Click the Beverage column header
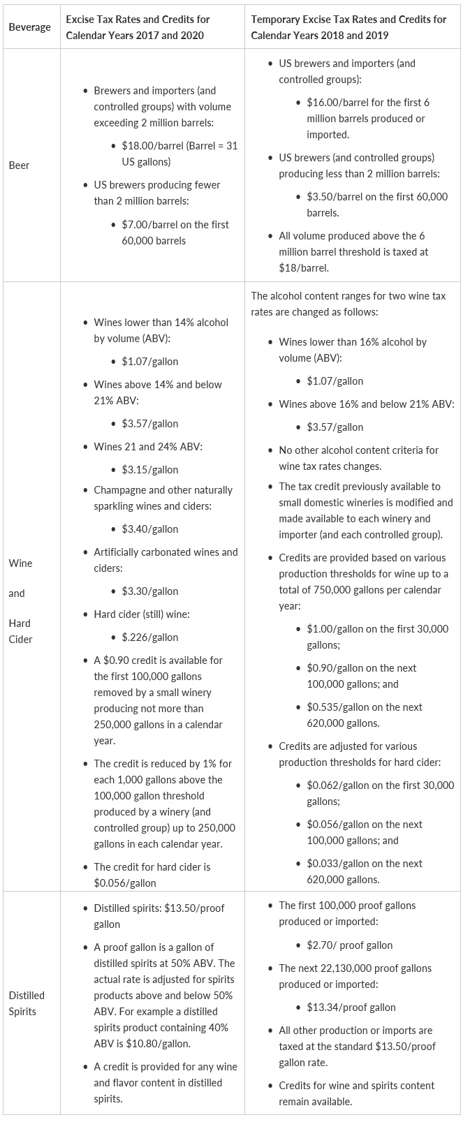(x=29, y=27)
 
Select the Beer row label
(x=19, y=165)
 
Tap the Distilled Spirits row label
(x=27, y=1003)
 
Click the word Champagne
(x=121, y=490)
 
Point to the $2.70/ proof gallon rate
(x=349, y=945)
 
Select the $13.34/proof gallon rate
(x=351, y=1007)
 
